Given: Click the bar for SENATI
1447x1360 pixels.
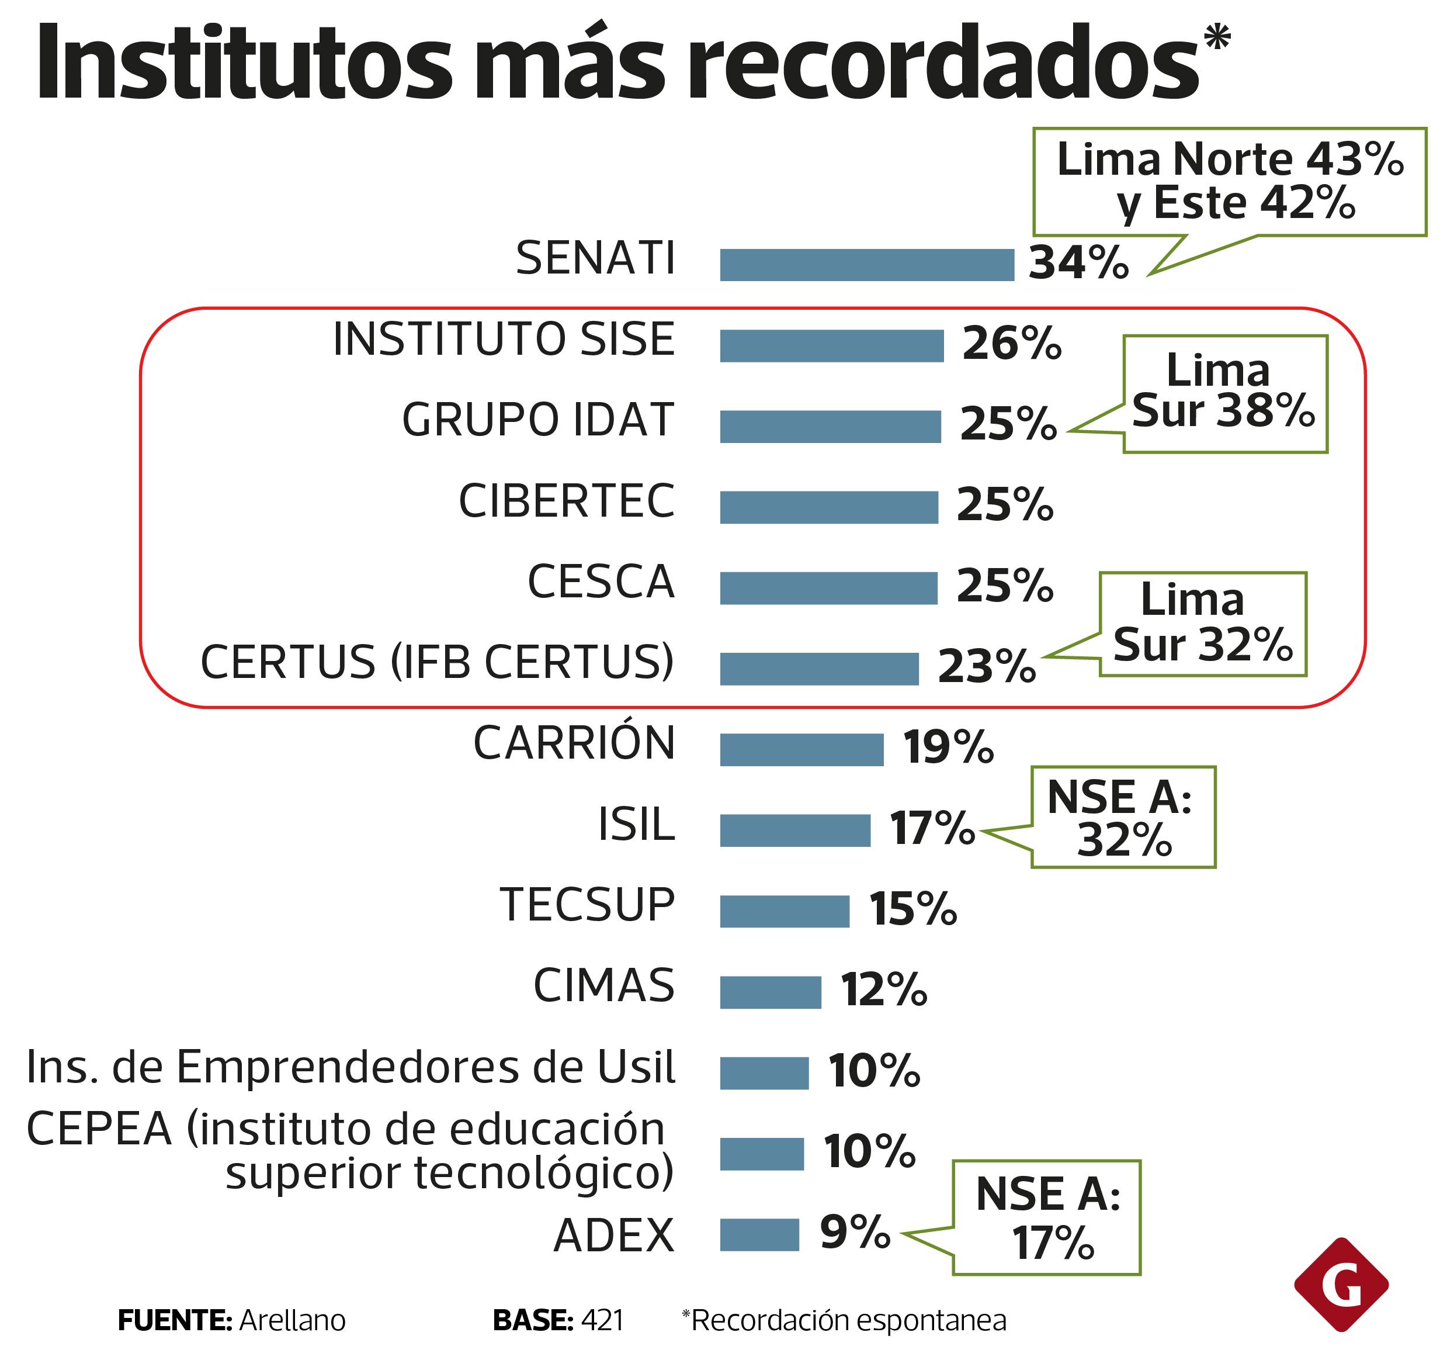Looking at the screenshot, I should point(866,265).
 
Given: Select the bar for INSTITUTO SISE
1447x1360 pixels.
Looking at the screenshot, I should point(831,346).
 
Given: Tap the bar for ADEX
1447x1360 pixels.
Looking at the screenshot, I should point(759,1235).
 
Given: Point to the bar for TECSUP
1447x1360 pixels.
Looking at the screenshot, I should point(784,912).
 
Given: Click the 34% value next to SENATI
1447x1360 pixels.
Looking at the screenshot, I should point(1078,263).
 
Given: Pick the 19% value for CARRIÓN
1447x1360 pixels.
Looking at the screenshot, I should point(948,748).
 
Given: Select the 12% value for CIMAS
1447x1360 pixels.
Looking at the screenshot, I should point(884,990).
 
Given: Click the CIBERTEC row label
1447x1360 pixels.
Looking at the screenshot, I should point(566,501).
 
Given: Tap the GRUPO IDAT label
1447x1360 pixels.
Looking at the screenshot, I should point(538,420).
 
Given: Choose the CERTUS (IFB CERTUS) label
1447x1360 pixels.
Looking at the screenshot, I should point(438,663).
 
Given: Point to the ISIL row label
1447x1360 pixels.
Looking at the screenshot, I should point(636,825).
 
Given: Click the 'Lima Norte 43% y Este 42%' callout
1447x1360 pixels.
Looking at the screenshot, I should point(1229,181).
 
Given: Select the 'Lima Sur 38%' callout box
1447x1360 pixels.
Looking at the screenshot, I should point(1225,394).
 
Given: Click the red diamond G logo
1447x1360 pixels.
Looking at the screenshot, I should point(1341,1285).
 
